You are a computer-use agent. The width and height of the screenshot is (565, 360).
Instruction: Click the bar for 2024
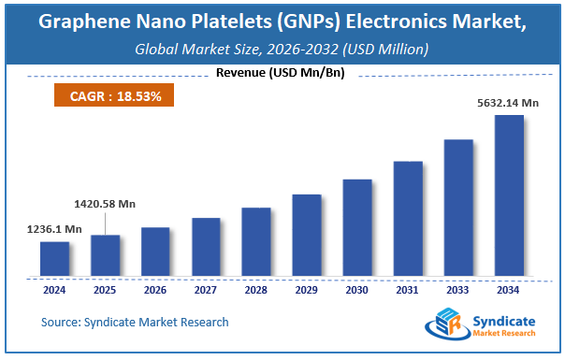tap(54, 259)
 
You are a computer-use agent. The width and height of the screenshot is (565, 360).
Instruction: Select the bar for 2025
tap(105, 255)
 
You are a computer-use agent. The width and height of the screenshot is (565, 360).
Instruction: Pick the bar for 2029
tap(307, 236)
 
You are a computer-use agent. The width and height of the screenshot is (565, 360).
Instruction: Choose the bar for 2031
tap(408, 219)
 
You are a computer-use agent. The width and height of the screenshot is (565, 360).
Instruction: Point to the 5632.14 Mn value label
tap(506, 102)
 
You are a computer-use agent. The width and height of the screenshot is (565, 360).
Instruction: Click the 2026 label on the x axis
tap(155, 290)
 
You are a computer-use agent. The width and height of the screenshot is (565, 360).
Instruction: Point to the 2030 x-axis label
tap(357, 290)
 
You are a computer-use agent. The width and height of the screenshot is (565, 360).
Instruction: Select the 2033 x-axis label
tap(458, 290)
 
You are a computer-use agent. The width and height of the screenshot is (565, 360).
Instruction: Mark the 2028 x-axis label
tap(256, 290)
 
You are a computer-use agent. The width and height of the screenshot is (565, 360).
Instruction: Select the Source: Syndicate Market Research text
tap(135, 323)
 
